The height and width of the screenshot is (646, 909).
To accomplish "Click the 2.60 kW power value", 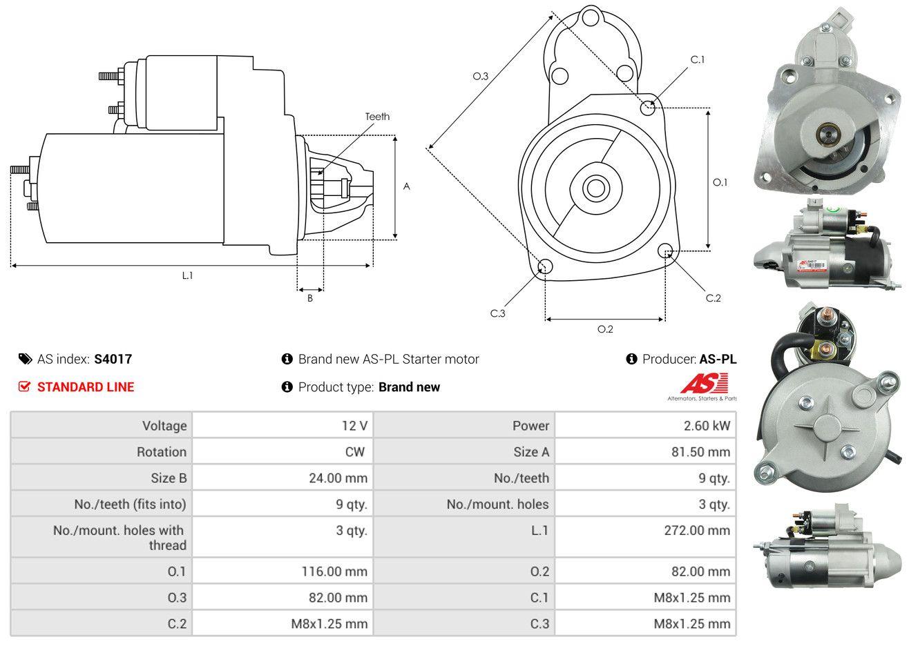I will point(707,426).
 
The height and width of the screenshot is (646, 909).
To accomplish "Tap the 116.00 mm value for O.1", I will point(333,571).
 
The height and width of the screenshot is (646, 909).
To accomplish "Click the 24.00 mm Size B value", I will point(338,478).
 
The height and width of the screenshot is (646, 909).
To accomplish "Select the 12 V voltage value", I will point(354,426).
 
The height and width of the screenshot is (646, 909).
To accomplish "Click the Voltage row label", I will point(164,426).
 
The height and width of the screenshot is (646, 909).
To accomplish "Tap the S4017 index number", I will point(113,359).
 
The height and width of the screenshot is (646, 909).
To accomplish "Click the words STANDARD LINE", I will point(86,387).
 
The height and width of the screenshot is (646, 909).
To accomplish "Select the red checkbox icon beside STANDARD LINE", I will point(24,386).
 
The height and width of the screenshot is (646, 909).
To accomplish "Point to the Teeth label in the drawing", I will point(377,117).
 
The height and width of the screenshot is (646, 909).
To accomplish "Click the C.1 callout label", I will point(698,59).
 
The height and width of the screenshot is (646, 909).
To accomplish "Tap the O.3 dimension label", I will point(481,76).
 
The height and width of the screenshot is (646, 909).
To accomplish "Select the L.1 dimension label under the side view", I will point(187,275).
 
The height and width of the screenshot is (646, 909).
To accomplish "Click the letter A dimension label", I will point(407,186).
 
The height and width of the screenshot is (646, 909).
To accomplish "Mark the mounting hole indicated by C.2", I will point(667,251).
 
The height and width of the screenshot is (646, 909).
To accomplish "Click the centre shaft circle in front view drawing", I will point(593,188).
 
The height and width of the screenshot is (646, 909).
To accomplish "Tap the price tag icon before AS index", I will point(25,359).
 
